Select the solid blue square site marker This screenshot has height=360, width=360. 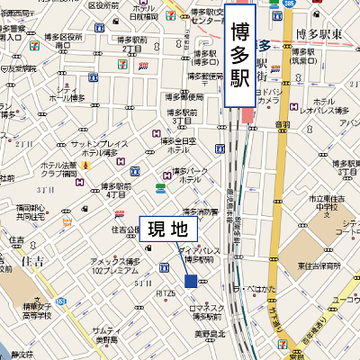(190, 281)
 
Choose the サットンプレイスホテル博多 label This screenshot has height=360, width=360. (95, 148)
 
